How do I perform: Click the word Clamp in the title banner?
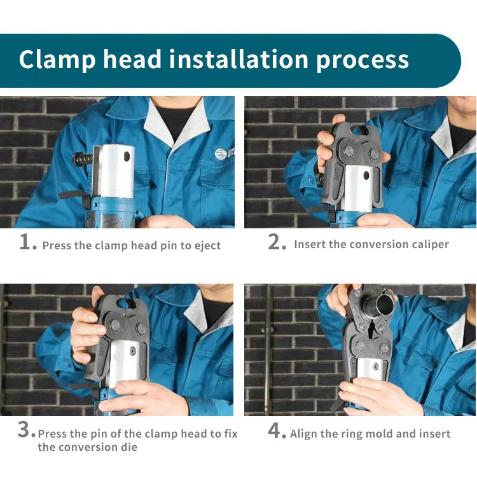point(57,59)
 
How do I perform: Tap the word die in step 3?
point(131,447)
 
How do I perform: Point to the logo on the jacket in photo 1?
point(220,154)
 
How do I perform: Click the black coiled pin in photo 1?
point(83,159)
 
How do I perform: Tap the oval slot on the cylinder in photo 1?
point(127,156)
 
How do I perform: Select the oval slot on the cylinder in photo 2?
point(366,176)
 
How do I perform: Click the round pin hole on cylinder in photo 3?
point(133,351)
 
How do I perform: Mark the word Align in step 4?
point(302,434)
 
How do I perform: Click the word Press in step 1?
point(57,245)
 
